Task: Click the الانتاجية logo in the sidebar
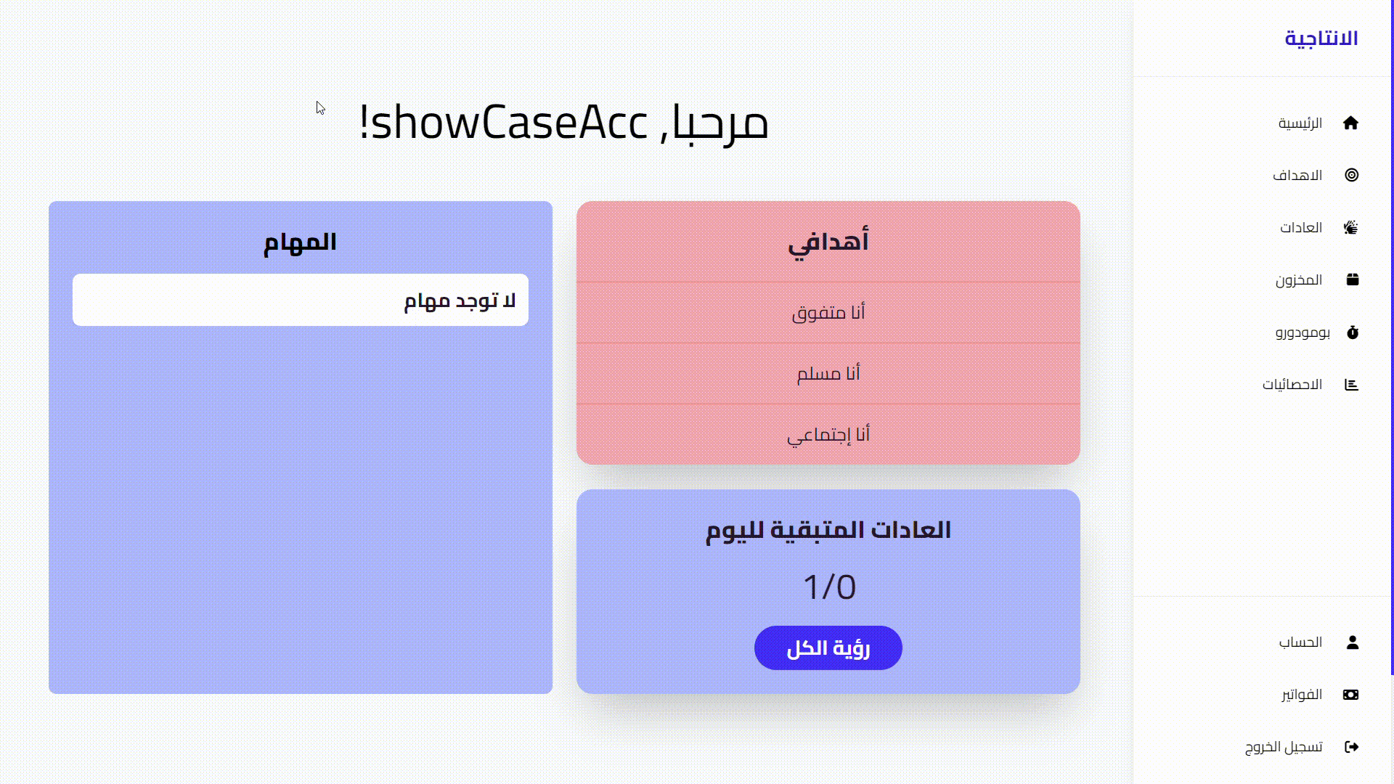coord(1321,38)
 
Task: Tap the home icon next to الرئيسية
coord(1350,123)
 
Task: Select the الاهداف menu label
coord(1297,176)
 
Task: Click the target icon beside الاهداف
coord(1351,175)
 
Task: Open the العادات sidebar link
coord(1301,228)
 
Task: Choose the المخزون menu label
coord(1299,280)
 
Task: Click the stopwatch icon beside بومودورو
coord(1352,332)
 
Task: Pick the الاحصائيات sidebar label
coord(1292,385)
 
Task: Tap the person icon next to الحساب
coord(1352,642)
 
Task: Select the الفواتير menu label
coord(1301,695)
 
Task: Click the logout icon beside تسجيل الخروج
coord(1351,747)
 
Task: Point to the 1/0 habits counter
coord(829,587)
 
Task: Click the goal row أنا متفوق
coord(828,313)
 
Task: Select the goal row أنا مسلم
coord(828,374)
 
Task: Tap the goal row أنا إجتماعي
coord(828,435)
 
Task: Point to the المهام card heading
coord(300,242)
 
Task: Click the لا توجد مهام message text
coord(460,301)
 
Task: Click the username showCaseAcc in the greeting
coord(510,123)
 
